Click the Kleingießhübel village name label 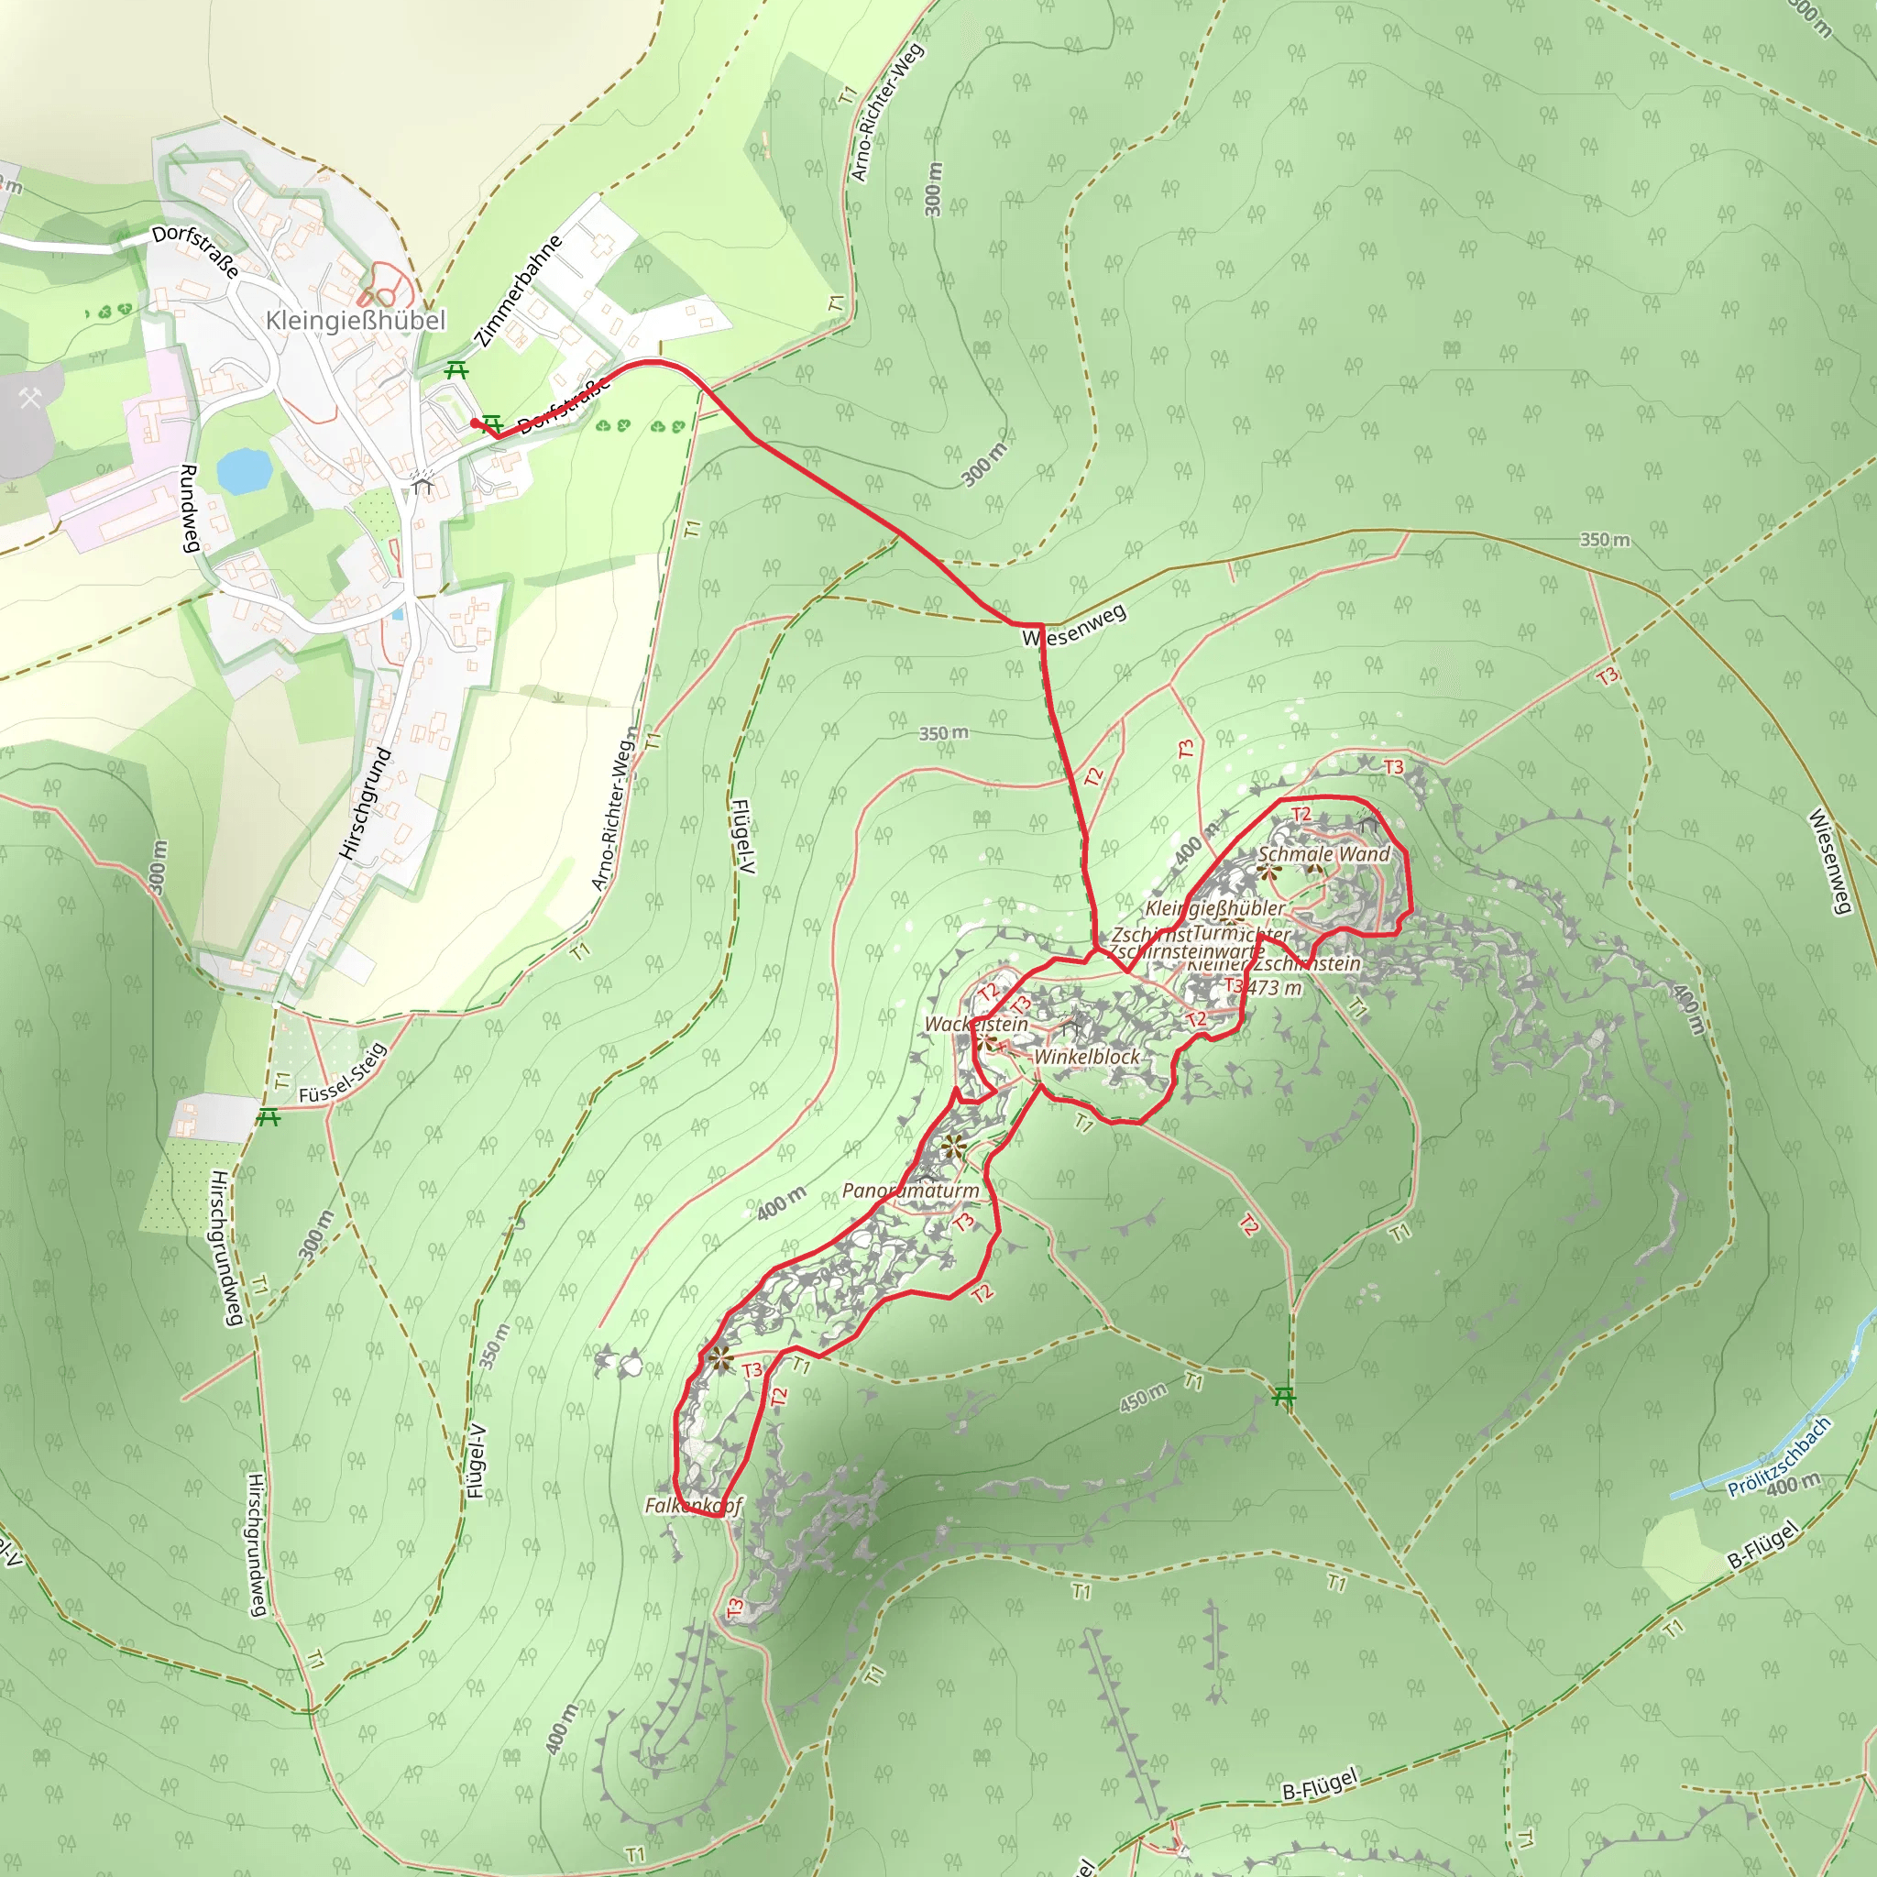[356, 321]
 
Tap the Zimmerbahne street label [521, 291]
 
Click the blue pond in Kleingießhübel [243, 471]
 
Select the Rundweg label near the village [190, 508]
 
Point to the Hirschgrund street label [366, 803]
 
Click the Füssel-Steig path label [343, 1074]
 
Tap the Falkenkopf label [693, 1506]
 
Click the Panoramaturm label [910, 1191]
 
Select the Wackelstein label [975, 1024]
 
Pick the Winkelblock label [1086, 1056]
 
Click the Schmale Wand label [1324, 854]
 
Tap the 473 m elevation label [1276, 988]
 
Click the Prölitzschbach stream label [1779, 1457]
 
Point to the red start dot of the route [474, 423]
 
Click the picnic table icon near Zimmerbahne [456, 370]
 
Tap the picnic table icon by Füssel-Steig [269, 1118]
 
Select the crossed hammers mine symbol [30, 398]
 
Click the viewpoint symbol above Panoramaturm [953, 1147]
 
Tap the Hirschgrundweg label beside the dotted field [221, 1247]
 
